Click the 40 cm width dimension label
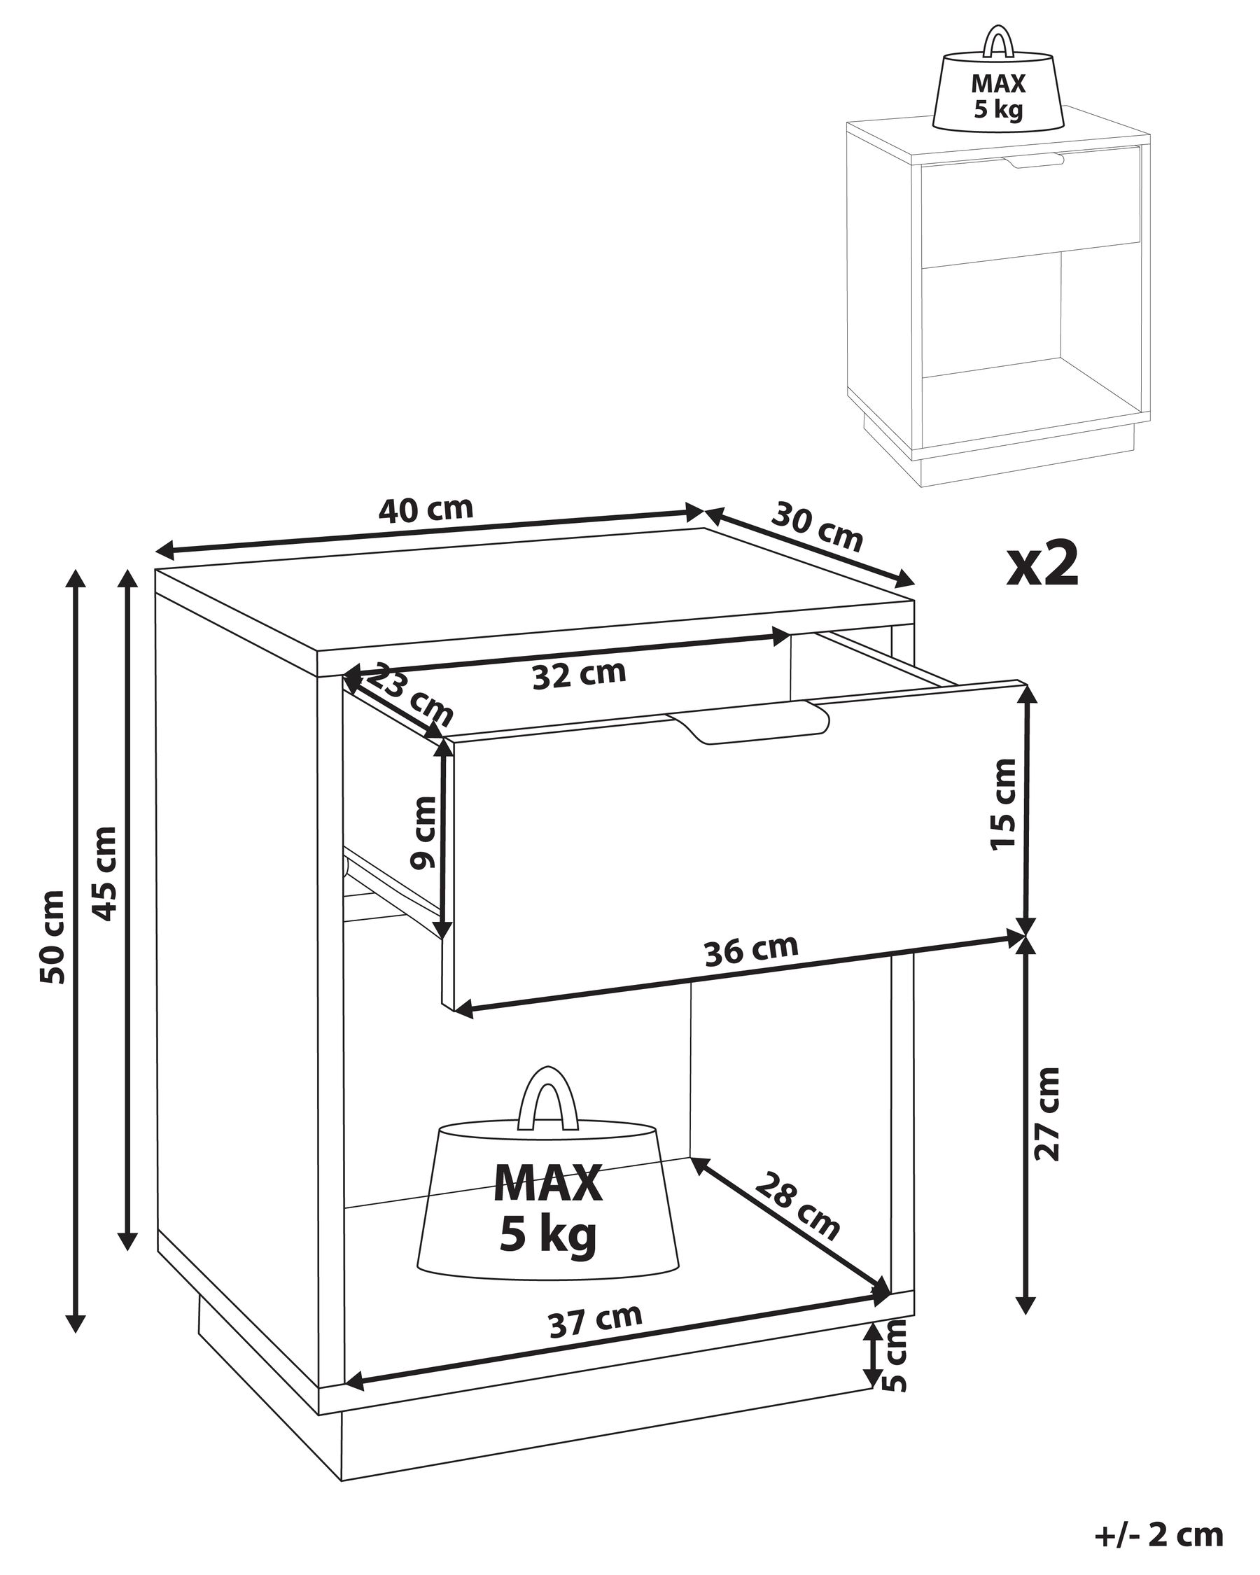(x=426, y=509)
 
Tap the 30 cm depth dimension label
(x=818, y=526)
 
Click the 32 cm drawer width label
(x=579, y=675)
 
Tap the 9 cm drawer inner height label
(x=424, y=833)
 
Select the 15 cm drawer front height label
(x=1004, y=804)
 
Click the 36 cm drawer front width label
(x=751, y=951)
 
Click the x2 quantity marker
(x=1042, y=565)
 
